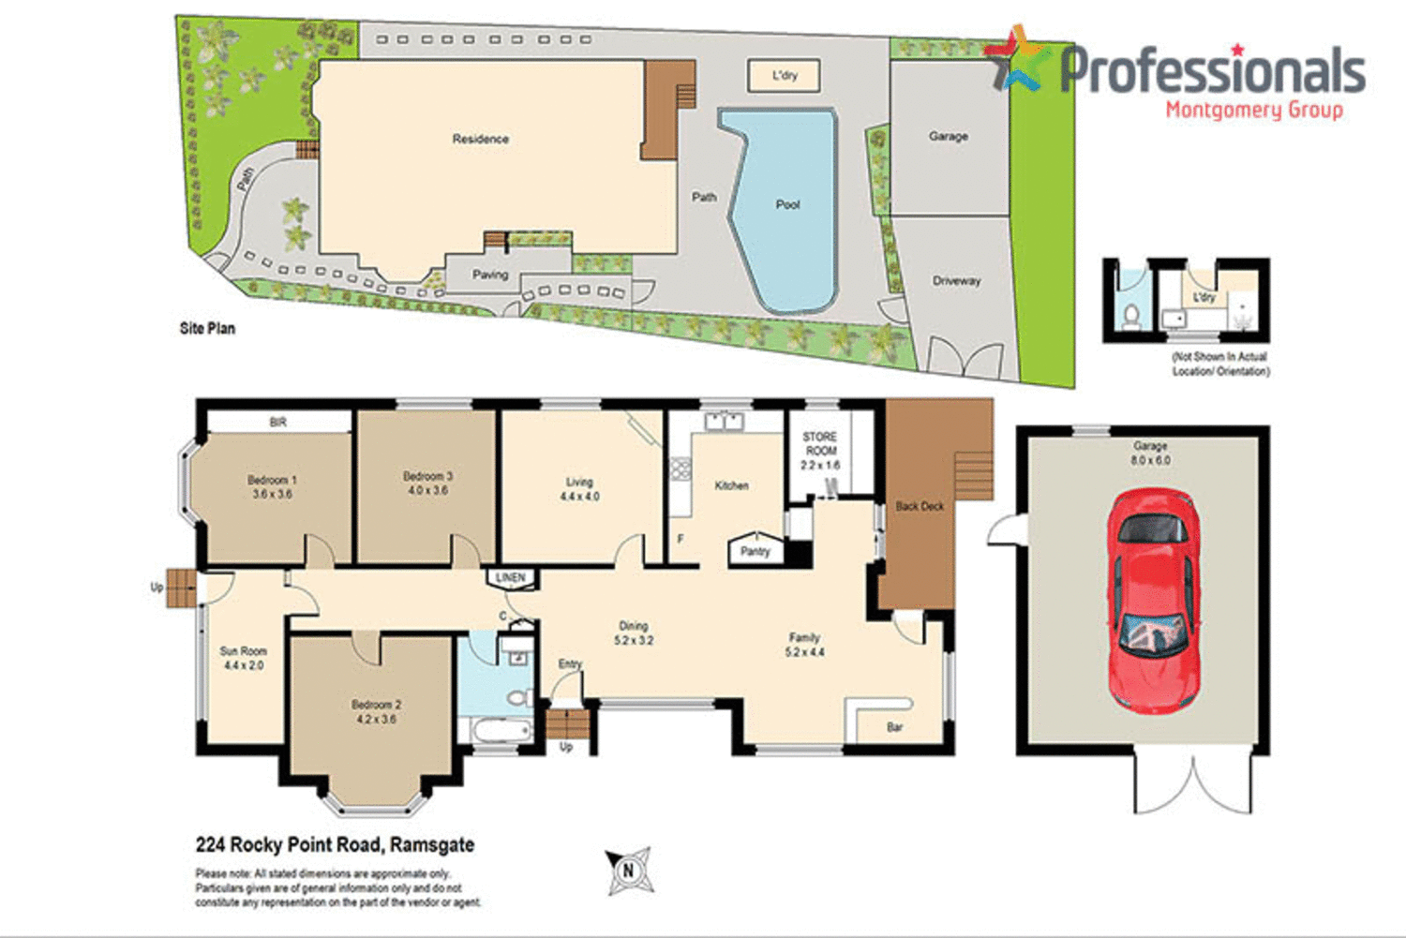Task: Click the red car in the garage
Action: pos(1153,600)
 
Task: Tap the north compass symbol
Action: pos(628,871)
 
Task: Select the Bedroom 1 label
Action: pos(272,486)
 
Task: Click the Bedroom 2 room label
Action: pos(376,711)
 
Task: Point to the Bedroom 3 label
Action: pos(427,483)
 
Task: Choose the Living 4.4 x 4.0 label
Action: pos(579,489)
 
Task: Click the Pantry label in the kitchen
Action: pos(755,551)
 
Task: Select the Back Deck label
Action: pos(920,506)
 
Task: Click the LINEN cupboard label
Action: pos(511,577)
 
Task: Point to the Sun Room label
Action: pos(243,658)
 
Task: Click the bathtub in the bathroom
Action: pos(497,731)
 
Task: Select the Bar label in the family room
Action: pos(894,727)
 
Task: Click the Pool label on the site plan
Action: pos(787,204)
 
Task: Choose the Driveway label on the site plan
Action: pos(956,280)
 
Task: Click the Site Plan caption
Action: pos(207,328)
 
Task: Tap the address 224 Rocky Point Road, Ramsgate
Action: pos(335,844)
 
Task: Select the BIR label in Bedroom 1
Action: pos(277,423)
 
